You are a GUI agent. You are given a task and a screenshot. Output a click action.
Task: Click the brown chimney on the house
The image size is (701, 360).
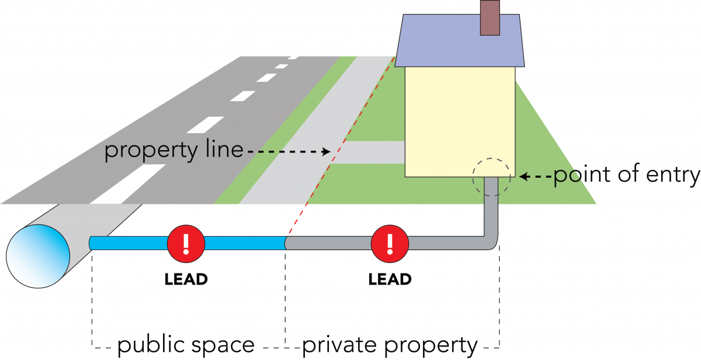490,18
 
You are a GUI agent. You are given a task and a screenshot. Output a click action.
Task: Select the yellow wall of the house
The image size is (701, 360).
460,122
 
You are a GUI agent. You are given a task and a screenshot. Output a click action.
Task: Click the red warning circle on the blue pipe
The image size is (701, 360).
186,243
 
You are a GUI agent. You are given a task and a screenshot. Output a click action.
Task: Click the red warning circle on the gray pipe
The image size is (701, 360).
390,243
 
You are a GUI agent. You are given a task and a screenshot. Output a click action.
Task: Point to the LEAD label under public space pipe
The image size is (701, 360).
186,279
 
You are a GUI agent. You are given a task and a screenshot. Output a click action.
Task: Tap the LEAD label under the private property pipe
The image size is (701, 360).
390,279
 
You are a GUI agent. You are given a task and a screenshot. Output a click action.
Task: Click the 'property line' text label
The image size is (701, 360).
173,150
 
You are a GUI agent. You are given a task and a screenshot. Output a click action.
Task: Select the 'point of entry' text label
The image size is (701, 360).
627,175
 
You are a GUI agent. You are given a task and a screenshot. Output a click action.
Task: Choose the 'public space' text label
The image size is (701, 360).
186,345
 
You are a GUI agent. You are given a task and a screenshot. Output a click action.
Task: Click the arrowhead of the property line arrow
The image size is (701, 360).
327,152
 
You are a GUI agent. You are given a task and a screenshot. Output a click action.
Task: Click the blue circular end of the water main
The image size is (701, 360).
38,256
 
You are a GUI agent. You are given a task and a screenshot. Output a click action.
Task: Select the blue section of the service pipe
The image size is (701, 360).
187,243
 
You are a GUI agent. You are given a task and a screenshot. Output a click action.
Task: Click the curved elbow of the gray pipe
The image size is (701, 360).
492,244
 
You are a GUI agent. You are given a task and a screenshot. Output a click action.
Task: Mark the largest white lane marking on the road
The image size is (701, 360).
128,184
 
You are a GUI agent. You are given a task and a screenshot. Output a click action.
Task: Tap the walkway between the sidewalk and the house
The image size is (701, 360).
367,152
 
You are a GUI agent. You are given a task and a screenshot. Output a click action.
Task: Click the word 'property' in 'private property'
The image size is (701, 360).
431,346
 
